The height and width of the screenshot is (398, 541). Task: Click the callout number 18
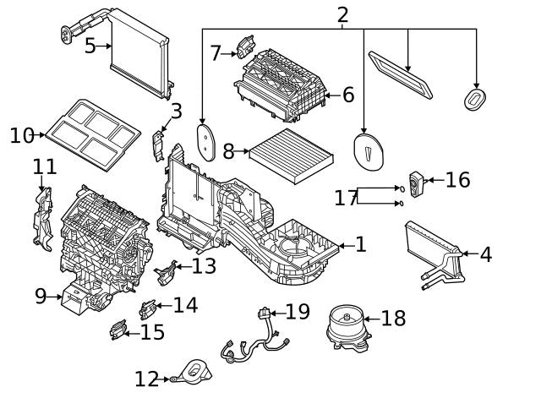tap(394, 319)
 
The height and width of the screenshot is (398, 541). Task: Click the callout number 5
tap(90, 46)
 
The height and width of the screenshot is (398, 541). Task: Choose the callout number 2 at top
tap(342, 14)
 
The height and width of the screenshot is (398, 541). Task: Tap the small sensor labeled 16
tap(417, 182)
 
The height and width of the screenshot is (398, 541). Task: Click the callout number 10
tap(23, 135)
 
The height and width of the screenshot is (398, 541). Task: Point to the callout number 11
tap(44, 167)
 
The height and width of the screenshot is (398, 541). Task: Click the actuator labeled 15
tap(117, 330)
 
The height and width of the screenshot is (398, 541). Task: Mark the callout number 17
tap(346, 198)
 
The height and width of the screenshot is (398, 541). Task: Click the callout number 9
tap(41, 296)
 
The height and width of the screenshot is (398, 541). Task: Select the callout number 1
tap(361, 245)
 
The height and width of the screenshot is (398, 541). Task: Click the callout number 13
tap(204, 266)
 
